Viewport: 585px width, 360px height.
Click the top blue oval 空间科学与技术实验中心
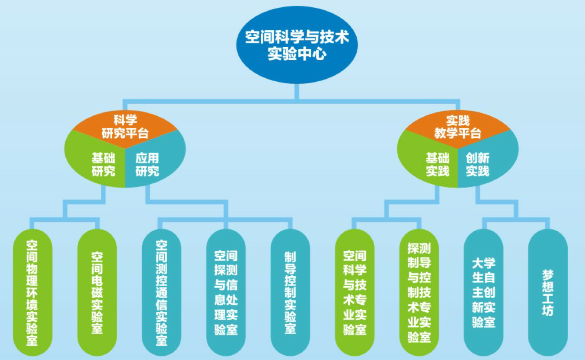tap(297, 45)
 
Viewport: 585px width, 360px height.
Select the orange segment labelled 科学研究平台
tap(125, 126)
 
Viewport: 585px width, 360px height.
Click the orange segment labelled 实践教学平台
tap(457, 126)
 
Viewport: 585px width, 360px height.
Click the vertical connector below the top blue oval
tap(297, 92)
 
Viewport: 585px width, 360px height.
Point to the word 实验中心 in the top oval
tap(297, 55)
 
